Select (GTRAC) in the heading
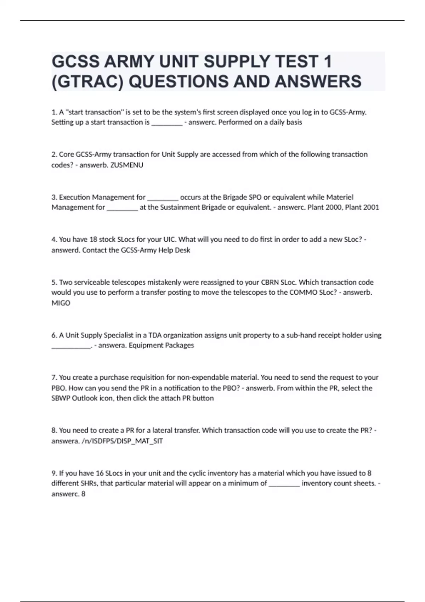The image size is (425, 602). click(87, 81)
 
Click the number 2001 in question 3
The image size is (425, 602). click(371, 207)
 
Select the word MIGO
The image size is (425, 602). click(61, 303)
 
